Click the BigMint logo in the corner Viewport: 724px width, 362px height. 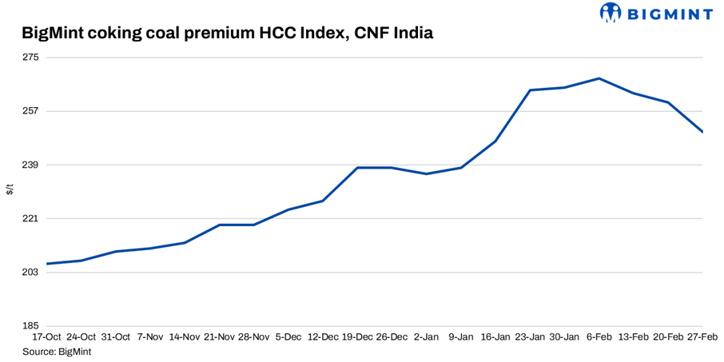click(x=655, y=13)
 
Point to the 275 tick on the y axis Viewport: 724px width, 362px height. click(x=30, y=58)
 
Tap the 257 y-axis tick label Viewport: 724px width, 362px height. click(x=30, y=111)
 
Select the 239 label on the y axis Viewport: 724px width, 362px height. click(x=30, y=165)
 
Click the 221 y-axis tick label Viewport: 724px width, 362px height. click(x=30, y=218)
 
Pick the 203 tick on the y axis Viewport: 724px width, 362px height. click(x=30, y=272)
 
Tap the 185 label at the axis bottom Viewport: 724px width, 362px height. click(x=30, y=326)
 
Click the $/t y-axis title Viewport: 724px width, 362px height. click(x=10, y=190)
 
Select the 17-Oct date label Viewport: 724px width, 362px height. click(x=46, y=337)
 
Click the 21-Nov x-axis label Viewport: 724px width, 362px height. click(x=219, y=337)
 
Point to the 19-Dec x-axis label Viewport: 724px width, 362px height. click(x=357, y=337)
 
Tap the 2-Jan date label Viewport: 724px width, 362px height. click(x=427, y=337)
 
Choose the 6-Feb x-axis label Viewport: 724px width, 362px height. click(x=599, y=337)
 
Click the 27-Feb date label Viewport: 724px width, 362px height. click(x=701, y=337)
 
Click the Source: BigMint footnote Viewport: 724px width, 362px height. click(x=56, y=351)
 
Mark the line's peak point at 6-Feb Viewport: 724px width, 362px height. click(x=599, y=78)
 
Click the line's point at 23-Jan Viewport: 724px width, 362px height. click(x=531, y=90)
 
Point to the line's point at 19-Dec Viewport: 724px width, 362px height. click(x=357, y=168)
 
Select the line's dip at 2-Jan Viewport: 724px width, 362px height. click(x=427, y=174)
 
